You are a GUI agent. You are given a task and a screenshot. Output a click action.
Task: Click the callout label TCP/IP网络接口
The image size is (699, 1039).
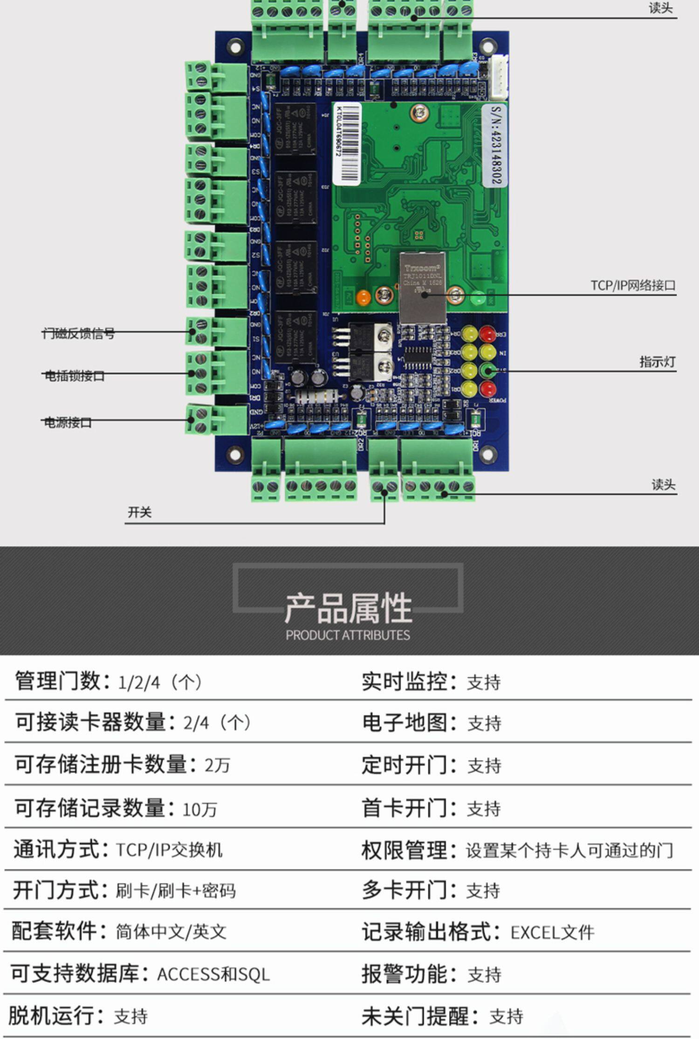point(633,285)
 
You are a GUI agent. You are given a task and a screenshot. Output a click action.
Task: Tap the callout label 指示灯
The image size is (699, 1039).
point(657,362)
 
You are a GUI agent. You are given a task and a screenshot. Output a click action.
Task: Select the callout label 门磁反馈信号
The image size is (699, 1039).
point(78,333)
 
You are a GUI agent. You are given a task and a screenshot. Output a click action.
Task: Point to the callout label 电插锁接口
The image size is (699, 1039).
point(75,376)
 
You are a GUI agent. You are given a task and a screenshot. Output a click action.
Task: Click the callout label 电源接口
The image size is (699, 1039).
point(68,422)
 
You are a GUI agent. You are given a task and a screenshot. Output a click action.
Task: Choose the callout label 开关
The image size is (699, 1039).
point(140,512)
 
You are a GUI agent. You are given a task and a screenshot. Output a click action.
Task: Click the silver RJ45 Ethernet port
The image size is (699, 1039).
point(422,287)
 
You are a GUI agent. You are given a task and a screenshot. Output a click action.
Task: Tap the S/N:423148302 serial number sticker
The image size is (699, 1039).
point(495,145)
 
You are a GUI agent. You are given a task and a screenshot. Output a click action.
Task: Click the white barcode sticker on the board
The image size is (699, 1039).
point(347,143)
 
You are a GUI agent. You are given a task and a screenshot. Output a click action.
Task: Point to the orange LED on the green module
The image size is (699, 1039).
point(363,297)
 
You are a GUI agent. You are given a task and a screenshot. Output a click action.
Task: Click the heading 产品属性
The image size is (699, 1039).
point(349,608)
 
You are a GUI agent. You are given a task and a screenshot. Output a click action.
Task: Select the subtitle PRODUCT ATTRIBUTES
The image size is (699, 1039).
point(348,635)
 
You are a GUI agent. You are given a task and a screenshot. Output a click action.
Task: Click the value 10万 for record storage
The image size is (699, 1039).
point(199,810)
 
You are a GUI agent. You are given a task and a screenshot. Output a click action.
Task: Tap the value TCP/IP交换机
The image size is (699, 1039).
point(169,850)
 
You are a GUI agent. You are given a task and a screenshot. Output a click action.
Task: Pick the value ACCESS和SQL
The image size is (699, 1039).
point(213,974)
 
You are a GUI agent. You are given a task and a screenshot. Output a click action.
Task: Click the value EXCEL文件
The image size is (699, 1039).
point(552,933)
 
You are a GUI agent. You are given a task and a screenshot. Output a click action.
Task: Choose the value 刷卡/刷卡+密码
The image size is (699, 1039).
point(176,891)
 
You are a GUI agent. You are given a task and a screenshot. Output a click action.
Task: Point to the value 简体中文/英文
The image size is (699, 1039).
point(171,932)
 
